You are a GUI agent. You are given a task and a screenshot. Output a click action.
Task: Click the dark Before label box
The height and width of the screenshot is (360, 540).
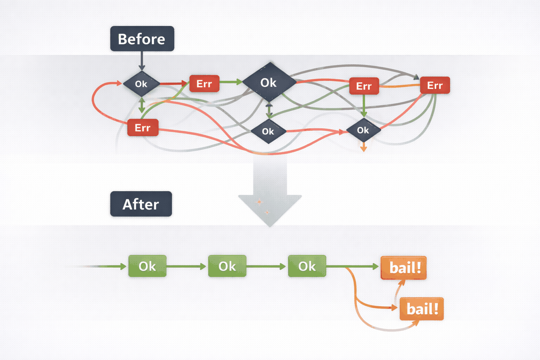142,39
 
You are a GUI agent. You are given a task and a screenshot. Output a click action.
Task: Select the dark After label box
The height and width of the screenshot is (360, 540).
141,204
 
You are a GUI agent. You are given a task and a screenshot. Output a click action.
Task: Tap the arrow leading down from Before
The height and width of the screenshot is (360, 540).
142,61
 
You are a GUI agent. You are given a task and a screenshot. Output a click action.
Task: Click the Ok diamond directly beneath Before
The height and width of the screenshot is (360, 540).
141,84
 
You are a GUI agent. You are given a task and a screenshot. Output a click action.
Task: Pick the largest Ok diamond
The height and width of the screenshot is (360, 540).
269,82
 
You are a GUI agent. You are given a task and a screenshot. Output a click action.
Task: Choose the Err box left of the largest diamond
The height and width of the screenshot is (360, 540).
204,84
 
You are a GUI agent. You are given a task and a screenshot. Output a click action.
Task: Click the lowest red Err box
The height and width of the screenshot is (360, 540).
142,128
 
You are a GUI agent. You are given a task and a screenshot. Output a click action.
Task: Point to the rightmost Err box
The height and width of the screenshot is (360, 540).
435,85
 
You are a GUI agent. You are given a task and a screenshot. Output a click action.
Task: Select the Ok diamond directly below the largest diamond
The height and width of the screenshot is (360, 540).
268,131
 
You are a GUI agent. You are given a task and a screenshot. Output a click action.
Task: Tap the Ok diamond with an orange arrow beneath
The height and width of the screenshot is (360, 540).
363,130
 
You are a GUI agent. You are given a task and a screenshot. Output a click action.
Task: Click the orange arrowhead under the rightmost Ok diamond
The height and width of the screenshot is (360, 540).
364,149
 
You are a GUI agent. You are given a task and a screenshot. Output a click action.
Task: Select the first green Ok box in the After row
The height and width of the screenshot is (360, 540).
147,266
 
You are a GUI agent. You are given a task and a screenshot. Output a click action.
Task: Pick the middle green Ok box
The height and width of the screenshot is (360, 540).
227,266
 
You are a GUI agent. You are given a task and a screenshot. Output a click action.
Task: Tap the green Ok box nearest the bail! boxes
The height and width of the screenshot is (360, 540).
307,266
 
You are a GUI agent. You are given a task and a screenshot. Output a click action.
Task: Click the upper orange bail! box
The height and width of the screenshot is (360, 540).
404,268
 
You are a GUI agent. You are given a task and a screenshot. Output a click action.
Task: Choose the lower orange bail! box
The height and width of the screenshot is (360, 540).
422,309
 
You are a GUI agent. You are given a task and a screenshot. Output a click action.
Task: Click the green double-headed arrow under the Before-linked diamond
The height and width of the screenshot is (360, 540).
142,105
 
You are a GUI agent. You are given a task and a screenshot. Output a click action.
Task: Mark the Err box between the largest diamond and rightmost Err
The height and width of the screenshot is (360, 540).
364,86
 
